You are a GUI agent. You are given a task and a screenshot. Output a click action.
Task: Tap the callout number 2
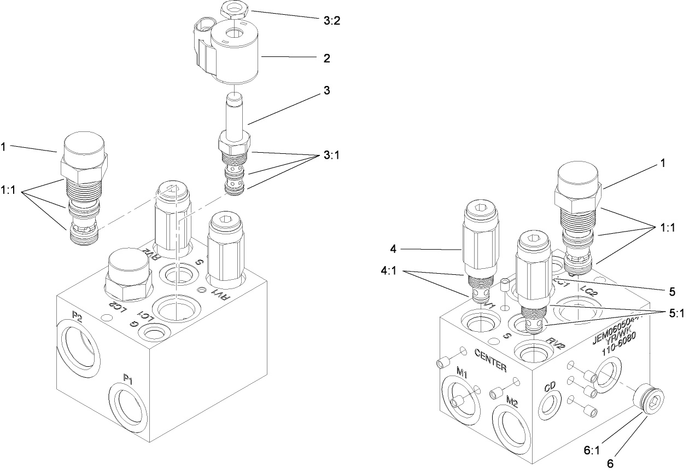326,58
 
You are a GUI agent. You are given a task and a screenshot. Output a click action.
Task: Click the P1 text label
129,378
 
